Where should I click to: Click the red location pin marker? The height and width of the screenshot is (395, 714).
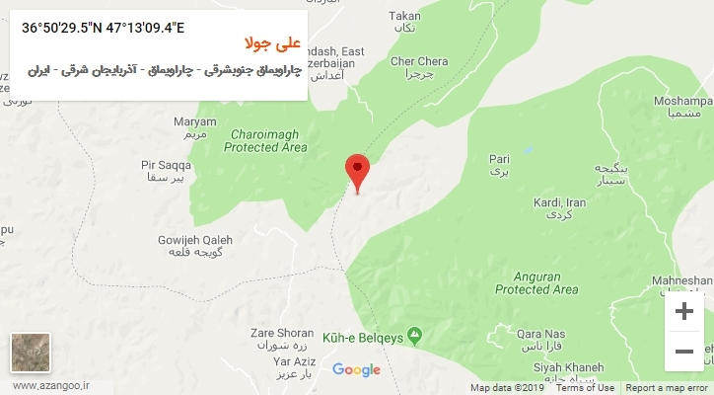(358, 170)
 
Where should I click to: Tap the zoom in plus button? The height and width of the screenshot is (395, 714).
(683, 312)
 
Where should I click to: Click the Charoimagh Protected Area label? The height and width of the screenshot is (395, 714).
(265, 140)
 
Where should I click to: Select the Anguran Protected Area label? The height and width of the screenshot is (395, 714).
(536, 283)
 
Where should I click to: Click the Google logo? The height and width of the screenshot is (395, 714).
(356, 370)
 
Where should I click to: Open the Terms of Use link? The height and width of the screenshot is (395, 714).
(586, 388)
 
